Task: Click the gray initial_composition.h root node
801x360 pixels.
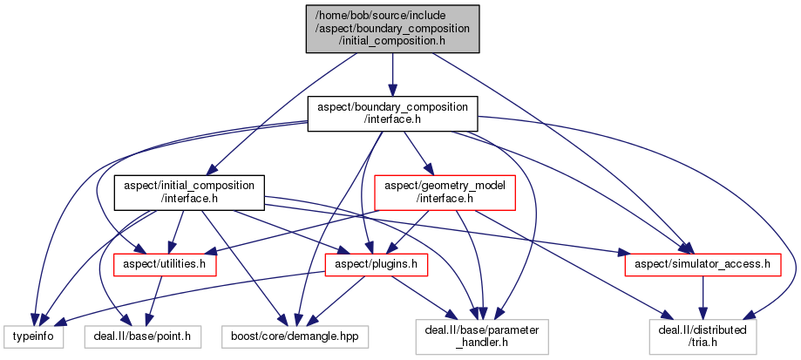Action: pyautogui.click(x=391, y=28)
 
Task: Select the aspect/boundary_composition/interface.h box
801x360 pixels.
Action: pyautogui.click(x=391, y=114)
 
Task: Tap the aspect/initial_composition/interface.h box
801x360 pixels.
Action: pyautogui.click(x=189, y=193)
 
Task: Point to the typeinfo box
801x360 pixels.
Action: pyautogui.click(x=32, y=335)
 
